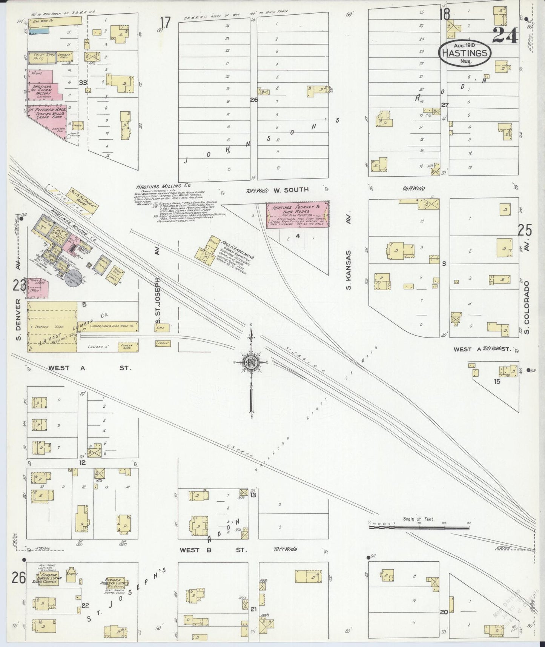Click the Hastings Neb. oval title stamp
coord(465,53)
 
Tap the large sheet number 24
coord(505,36)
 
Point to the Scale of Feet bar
coord(419,527)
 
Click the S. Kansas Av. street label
coord(349,270)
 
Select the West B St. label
coord(213,550)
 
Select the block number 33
coord(83,82)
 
